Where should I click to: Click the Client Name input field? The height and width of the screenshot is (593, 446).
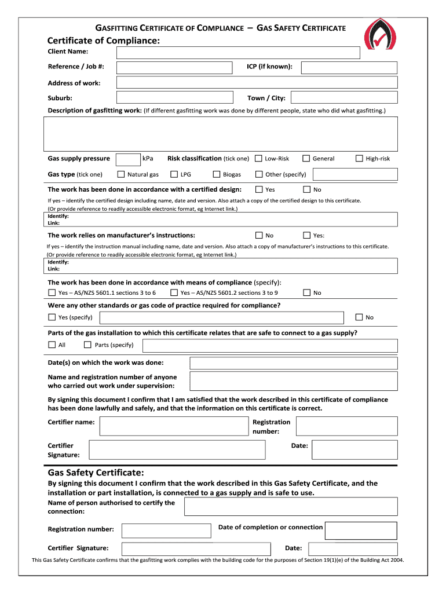pyautogui.click(x=238, y=53)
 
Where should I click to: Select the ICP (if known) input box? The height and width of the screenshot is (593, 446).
pyautogui.click(x=349, y=68)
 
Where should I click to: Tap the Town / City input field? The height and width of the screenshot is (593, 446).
pyautogui.click(x=343, y=98)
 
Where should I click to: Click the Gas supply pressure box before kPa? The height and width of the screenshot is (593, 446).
pyautogui.click(x=127, y=159)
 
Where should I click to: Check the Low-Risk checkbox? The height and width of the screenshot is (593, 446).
pyautogui.click(x=258, y=159)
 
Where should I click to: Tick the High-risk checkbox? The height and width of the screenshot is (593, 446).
pyautogui.click(x=359, y=159)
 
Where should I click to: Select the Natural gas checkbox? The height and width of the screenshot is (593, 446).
pyautogui.click(x=121, y=174)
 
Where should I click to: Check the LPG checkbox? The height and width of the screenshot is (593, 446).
pyautogui.click(x=174, y=174)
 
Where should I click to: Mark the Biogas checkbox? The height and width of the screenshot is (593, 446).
pyautogui.click(x=217, y=174)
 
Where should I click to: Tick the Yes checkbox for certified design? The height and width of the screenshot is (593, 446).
pyautogui.click(x=258, y=189)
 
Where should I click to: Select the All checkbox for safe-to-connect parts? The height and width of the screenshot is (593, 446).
pyautogui.click(x=52, y=345)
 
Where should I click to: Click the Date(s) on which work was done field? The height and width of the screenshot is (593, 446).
pyautogui.click(x=294, y=363)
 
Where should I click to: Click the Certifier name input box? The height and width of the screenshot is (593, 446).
pyautogui.click(x=174, y=426)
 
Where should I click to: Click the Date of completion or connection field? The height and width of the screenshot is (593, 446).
pyautogui.click(x=361, y=530)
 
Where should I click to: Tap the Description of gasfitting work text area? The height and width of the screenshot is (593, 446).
pyautogui.click(x=221, y=134)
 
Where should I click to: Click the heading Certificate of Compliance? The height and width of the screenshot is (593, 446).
pyautogui.click(x=103, y=41)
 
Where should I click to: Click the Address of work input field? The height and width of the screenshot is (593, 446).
pyautogui.click(x=257, y=83)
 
